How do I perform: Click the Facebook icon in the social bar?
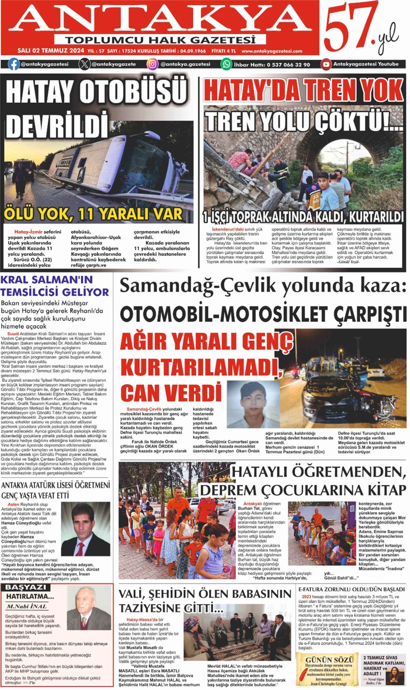pos(13,64)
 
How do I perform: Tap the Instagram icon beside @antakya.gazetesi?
pos(152,64)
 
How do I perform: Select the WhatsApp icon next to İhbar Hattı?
pos(226,64)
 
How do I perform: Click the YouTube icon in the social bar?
pos(326,64)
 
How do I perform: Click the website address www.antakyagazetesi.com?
pos(272,51)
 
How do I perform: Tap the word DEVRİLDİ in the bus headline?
pos(57,125)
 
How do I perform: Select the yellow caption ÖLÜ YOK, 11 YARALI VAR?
pos(93,214)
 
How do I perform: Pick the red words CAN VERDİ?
pos(171,392)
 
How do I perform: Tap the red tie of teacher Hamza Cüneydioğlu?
pos(82,549)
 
